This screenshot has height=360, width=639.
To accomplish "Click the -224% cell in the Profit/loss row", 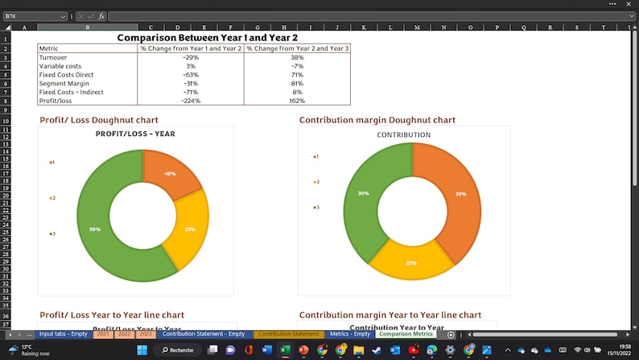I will point(191,101).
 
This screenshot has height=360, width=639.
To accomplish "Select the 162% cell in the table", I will point(297,101).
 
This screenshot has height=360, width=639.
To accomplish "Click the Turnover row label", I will point(53,57).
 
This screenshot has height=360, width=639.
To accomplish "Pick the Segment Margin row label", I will point(61,83).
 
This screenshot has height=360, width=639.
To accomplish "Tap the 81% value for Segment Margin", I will point(297,83).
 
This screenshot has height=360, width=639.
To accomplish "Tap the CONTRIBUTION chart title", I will point(404,134).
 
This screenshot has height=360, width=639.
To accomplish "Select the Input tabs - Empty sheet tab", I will point(64,334).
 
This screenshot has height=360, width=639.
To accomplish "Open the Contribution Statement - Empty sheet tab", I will point(204,334).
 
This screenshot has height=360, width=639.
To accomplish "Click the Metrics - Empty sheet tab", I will point(350,334).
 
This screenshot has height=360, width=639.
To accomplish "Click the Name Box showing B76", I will point(32,16).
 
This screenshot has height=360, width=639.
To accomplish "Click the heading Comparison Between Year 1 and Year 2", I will point(208,38).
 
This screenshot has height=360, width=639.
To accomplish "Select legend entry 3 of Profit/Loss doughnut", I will point(52,234).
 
